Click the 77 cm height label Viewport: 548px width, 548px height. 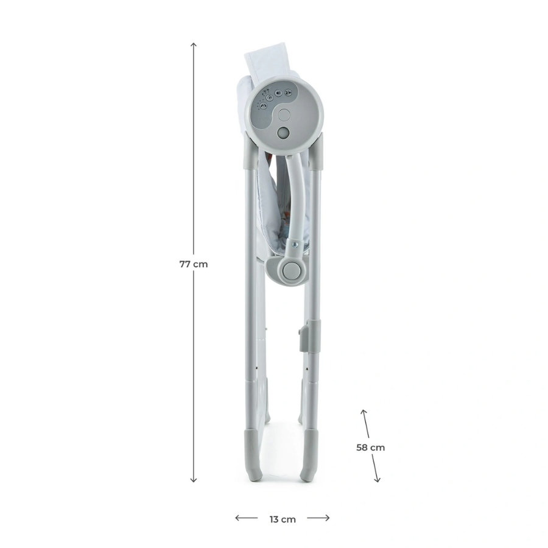click(x=194, y=264)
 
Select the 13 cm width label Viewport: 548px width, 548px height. click(x=283, y=519)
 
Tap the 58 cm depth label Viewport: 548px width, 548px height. click(x=370, y=448)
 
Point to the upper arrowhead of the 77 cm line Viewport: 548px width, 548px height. click(x=194, y=44)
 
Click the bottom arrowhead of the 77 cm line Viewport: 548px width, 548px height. click(x=194, y=480)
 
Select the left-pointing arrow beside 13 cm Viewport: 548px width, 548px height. click(x=247, y=518)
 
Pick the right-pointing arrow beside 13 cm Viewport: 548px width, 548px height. click(x=318, y=518)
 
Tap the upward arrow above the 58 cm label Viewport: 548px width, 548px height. click(x=365, y=423)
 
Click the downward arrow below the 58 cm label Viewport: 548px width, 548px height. click(x=375, y=468)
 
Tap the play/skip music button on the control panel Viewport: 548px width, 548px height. click(x=288, y=93)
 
